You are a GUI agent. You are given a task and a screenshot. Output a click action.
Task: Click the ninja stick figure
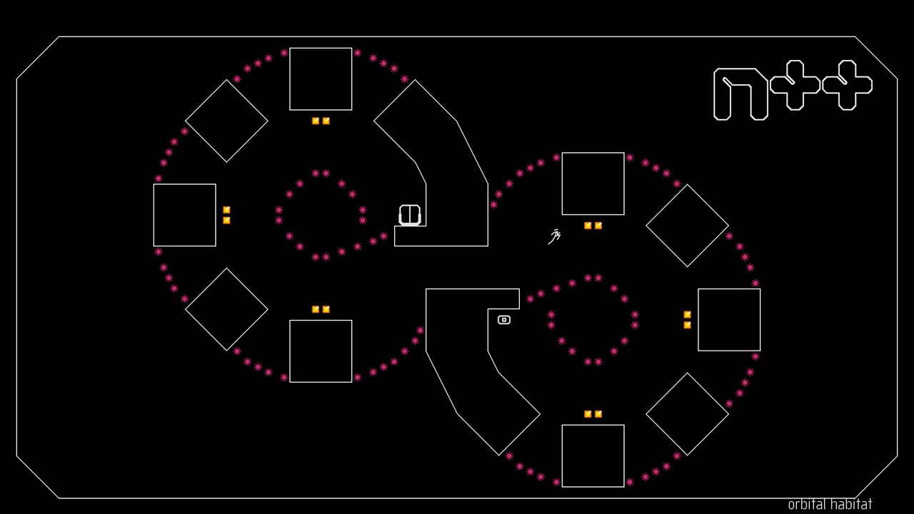pos(555,236)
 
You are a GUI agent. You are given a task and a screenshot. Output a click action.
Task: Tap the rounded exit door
pos(410,215)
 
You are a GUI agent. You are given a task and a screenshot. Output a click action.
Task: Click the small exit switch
pos(504,320)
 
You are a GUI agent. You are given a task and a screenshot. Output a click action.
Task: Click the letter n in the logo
pos(740,94)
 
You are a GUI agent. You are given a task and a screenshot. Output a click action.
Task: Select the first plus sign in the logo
pos(795,85)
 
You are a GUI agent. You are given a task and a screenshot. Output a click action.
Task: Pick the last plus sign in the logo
pos(847,85)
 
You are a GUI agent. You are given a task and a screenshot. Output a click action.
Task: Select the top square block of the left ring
pos(321,79)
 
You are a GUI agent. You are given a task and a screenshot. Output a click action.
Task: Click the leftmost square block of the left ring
pos(185,215)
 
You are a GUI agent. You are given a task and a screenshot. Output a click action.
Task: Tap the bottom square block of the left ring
pos(321,351)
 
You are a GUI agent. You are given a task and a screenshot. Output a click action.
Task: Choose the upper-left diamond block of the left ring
pos(226,121)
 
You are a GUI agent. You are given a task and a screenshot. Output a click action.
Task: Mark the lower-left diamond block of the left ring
pos(226,309)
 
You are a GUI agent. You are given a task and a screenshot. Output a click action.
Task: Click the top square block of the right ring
pos(593,183)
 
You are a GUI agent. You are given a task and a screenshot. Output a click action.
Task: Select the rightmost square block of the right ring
pos(729,320)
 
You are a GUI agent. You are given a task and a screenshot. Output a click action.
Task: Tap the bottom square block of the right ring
pos(593,455)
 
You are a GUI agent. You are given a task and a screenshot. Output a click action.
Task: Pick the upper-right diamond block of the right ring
pos(687,226)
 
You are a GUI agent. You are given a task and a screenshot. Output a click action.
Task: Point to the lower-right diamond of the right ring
pos(687,414)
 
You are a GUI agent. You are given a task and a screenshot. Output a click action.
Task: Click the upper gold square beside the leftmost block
pos(226,210)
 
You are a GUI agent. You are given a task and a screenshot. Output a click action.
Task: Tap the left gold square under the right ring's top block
pos(588,226)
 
